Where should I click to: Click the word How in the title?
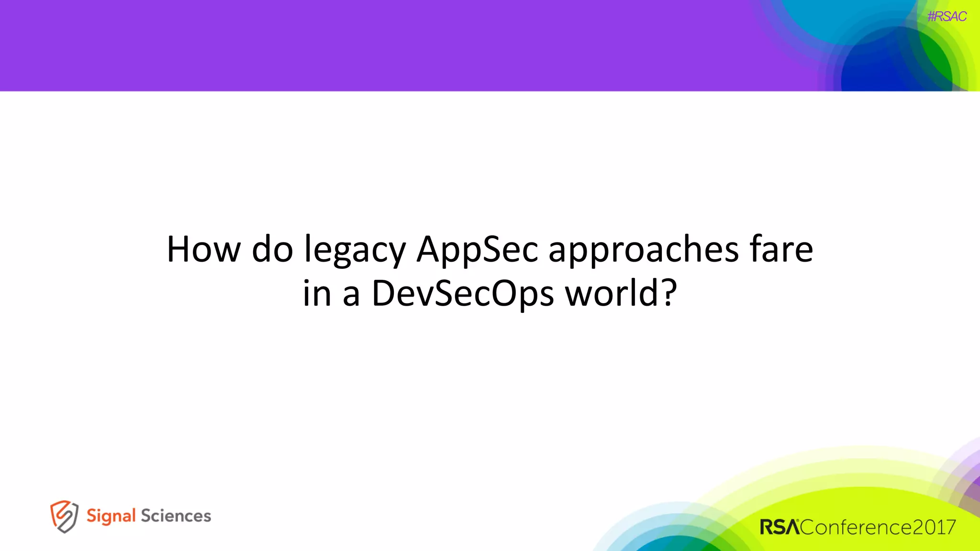click(203, 250)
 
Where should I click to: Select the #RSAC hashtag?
click(947, 17)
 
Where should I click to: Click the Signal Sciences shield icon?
click(64, 516)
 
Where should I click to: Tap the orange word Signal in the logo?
click(111, 516)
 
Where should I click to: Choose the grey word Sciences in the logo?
click(176, 516)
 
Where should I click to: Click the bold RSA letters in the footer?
click(780, 527)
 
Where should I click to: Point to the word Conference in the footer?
click(856, 527)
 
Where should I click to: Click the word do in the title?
click(272, 250)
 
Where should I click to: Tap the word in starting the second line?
click(317, 293)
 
